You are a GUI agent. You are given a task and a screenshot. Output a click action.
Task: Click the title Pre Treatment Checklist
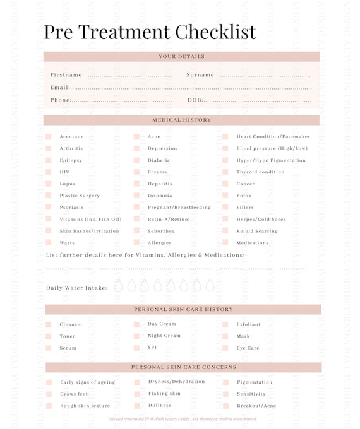pos(150,32)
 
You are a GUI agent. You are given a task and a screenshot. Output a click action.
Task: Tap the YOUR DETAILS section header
pos(181,57)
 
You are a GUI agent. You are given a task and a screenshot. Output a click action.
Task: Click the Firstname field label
pos(67,75)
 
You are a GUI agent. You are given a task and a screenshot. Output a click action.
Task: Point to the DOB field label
pos(195,100)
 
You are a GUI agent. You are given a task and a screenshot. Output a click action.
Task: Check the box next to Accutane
pos(49,137)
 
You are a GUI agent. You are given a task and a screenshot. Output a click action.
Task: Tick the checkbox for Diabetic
pos(136,160)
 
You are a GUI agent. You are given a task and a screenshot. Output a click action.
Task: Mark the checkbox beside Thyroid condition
pos(225,172)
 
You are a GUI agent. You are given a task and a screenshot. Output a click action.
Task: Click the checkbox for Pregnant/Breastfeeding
pos(136,208)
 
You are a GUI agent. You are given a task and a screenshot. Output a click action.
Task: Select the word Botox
pos(244,196)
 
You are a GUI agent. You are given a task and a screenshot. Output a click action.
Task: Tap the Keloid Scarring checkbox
pos(225,231)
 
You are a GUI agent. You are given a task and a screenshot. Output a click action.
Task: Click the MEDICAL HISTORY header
pos(181,120)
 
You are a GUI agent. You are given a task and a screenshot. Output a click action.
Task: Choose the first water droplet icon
pos(119,286)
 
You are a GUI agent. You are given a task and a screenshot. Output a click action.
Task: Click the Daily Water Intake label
pos(76,288)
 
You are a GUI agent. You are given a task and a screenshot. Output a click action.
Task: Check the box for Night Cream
pos(136,336)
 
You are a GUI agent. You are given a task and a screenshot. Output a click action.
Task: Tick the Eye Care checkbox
pos(225,348)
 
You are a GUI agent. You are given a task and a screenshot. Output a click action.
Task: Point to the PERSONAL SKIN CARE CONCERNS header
pos(184,367)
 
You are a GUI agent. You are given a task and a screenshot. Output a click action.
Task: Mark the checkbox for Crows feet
pos(49,394)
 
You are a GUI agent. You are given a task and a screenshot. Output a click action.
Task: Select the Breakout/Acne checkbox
pos(225,406)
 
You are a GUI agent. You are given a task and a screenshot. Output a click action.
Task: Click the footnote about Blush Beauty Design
pos(182,419)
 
